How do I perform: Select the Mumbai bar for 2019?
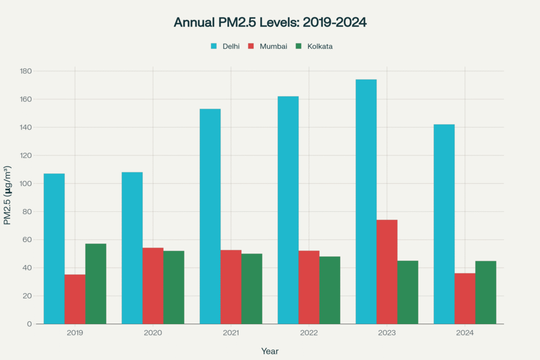coord(75,299)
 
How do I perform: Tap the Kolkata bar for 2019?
coord(95,284)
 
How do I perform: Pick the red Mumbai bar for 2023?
coord(387,271)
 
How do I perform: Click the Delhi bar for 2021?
coord(210,216)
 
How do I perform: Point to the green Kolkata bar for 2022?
coord(330,290)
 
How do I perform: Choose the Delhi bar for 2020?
coord(132,248)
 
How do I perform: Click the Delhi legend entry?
coord(225,46)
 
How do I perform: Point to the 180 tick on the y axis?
coord(26,71)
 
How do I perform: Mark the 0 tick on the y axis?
coord(30,324)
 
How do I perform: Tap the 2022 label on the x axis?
coord(309,333)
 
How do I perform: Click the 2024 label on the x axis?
coord(465,333)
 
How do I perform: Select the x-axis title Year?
coord(270,351)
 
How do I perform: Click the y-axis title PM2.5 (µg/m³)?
coord(7,196)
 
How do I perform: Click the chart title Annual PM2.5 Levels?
coord(270,23)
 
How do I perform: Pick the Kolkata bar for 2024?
coord(486,292)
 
